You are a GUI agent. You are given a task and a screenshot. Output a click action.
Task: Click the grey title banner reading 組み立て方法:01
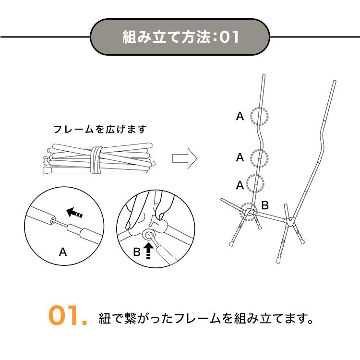click(180, 37)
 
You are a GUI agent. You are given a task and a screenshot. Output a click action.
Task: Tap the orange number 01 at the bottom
click(68, 315)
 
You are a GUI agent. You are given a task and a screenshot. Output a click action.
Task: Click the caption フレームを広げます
click(100, 129)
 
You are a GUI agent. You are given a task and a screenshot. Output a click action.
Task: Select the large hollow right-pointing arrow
click(184, 158)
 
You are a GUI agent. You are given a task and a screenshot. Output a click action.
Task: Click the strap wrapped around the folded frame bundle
click(96, 159)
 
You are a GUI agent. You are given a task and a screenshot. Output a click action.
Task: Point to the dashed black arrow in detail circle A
click(74, 212)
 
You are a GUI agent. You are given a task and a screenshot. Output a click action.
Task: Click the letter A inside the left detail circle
click(63, 252)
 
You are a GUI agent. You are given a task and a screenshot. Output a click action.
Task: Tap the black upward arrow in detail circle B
click(148, 251)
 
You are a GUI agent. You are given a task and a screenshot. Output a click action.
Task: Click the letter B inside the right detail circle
click(137, 252)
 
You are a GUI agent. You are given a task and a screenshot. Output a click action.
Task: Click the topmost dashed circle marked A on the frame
click(259, 116)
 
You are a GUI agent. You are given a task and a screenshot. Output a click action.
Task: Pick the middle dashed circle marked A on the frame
click(259, 158)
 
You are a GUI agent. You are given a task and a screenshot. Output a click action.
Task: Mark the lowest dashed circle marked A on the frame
click(255, 183)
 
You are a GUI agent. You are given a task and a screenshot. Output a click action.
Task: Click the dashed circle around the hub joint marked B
click(249, 212)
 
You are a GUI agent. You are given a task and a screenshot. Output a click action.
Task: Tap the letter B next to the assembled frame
click(265, 205)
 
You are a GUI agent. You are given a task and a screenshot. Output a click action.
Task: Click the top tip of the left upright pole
click(264, 75)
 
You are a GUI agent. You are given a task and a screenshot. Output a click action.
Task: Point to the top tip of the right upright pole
click(335, 81)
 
